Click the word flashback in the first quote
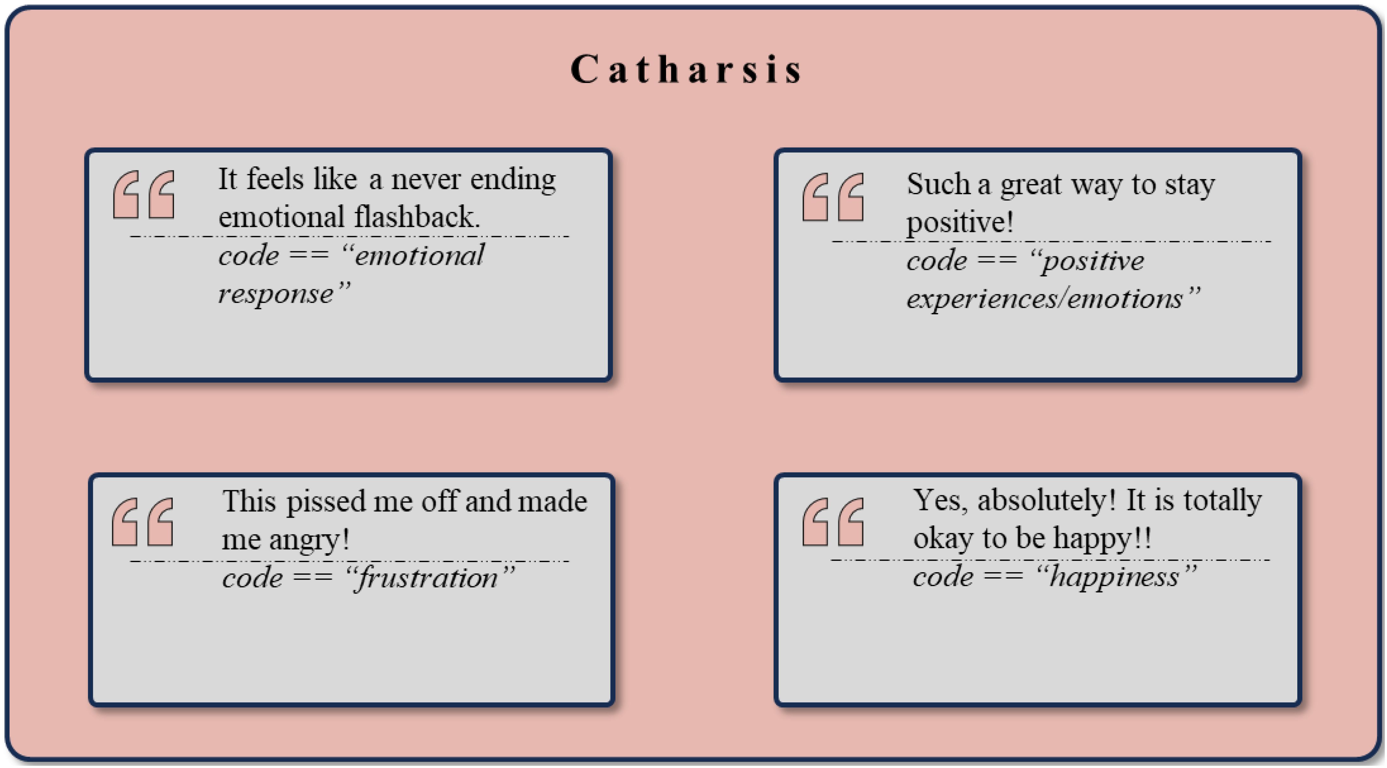[416, 217]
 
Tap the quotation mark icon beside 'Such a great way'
[833, 197]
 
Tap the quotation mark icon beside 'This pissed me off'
[143, 522]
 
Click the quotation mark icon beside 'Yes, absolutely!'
[833, 522]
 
